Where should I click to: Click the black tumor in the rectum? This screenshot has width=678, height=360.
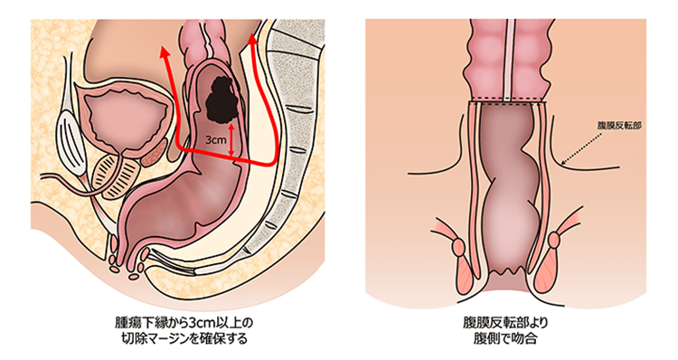pos(216,99)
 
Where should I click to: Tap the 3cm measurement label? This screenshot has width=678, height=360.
pos(216,140)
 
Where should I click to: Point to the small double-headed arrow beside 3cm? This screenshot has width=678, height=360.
pos(232,139)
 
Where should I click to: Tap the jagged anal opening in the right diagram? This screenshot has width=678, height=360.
pos(511,269)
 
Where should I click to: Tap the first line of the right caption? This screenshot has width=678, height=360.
pos(511,323)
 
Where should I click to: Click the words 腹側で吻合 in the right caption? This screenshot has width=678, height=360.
pos(511,339)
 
